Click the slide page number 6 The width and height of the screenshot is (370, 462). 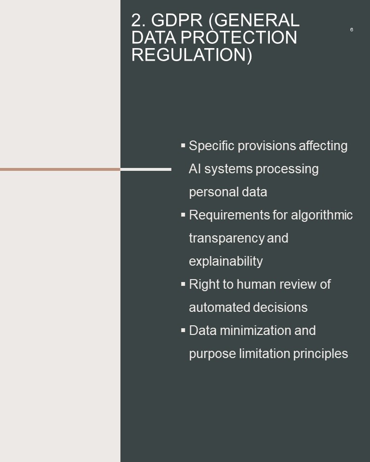click(351, 29)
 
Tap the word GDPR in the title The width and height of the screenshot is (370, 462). click(177, 20)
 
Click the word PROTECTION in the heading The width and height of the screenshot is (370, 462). click(238, 38)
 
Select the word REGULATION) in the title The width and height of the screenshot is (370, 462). click(192, 55)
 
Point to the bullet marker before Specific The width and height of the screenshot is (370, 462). click(183, 145)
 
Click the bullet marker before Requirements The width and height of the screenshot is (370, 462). click(183, 215)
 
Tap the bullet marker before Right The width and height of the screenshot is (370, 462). click(183, 284)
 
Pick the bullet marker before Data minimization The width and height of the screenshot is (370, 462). click(183, 330)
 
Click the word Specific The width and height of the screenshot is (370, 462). click(211, 146)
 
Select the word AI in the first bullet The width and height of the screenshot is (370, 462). click(195, 169)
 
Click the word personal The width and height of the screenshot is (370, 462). click(213, 192)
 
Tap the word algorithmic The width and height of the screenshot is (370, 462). click(322, 216)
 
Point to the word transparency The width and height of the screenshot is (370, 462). click(226, 238)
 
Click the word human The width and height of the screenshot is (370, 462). click(256, 284)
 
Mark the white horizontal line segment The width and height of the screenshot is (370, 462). click(146, 169)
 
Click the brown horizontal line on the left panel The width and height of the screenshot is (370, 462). click(60, 169)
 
